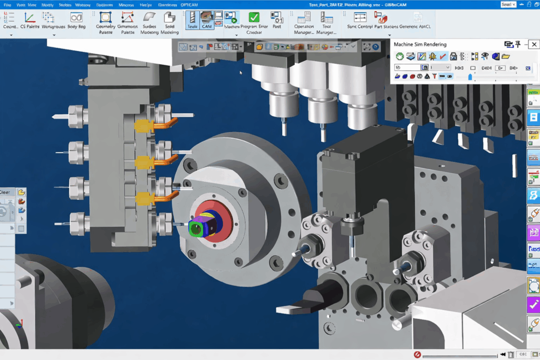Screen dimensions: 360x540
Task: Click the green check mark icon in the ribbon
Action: [254, 17]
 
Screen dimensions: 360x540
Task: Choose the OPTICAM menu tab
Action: [189, 4]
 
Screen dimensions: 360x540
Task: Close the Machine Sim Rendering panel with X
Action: [534, 44]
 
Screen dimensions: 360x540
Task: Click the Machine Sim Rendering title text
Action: [420, 44]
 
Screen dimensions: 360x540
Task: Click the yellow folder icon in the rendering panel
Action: [506, 56]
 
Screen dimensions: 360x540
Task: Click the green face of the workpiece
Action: [196, 228]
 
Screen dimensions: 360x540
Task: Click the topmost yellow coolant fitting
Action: [142, 126]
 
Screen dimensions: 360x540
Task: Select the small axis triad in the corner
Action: [19, 325]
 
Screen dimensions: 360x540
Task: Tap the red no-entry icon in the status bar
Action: [417, 355]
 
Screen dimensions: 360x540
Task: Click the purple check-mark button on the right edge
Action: [533, 305]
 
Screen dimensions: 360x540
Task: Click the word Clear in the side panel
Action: [6, 192]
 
